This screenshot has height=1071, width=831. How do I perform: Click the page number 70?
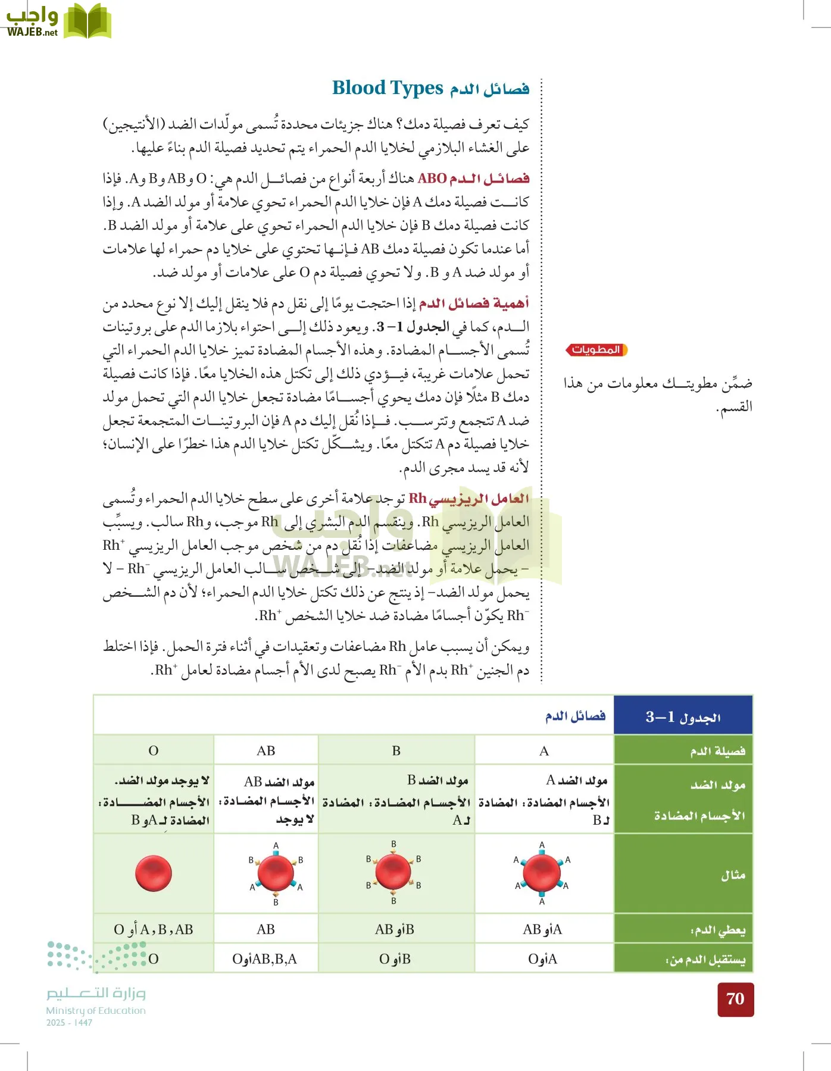click(x=735, y=999)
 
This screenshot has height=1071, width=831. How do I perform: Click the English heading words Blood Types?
click(x=388, y=88)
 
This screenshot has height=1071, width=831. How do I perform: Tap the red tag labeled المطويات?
click(x=596, y=350)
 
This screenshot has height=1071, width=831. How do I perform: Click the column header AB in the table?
click(x=265, y=751)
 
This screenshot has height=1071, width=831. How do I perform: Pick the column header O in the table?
click(x=154, y=751)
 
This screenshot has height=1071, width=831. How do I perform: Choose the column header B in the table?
click(x=396, y=751)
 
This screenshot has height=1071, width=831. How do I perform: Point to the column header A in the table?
click(x=544, y=751)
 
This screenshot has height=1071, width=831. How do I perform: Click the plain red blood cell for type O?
click(x=154, y=873)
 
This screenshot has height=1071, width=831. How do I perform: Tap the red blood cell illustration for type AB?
click(x=276, y=873)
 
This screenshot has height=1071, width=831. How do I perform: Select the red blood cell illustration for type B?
click(x=393, y=872)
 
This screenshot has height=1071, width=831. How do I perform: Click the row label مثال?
click(x=733, y=875)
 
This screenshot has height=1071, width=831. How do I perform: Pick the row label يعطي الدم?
click(x=718, y=930)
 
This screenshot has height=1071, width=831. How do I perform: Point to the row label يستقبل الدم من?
click(x=705, y=960)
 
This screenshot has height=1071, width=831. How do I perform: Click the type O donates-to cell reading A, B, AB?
click(x=154, y=929)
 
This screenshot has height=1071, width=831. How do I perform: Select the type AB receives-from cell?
click(x=265, y=959)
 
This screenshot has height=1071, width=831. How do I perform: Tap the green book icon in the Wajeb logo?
click(x=88, y=21)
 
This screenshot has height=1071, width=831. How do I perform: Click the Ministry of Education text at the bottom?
click(x=96, y=1010)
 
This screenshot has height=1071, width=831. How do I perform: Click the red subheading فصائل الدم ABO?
click(x=473, y=178)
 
